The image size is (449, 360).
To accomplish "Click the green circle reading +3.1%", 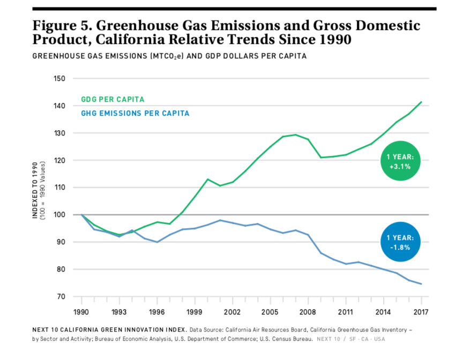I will [x=399, y=162].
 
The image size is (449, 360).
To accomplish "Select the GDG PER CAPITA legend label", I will [x=113, y=100].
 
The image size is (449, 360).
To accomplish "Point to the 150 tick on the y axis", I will [x=59, y=79].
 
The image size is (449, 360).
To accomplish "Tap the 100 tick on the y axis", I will [x=59, y=215].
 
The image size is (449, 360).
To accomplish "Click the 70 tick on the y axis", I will [x=61, y=297].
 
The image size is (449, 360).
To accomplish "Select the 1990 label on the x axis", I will [x=81, y=311].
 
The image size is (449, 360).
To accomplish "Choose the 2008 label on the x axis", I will [x=308, y=311].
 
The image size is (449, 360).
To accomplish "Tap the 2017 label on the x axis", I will [x=421, y=311].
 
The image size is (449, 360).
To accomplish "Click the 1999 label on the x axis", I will [x=194, y=311].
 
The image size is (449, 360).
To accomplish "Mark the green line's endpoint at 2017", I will [x=421, y=102].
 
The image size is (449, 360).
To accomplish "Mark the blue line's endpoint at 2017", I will [x=421, y=284].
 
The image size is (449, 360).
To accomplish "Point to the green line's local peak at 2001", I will [x=207, y=179].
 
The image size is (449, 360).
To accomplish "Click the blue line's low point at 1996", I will [x=157, y=242].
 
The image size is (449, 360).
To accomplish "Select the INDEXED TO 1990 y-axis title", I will [x=36, y=191].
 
